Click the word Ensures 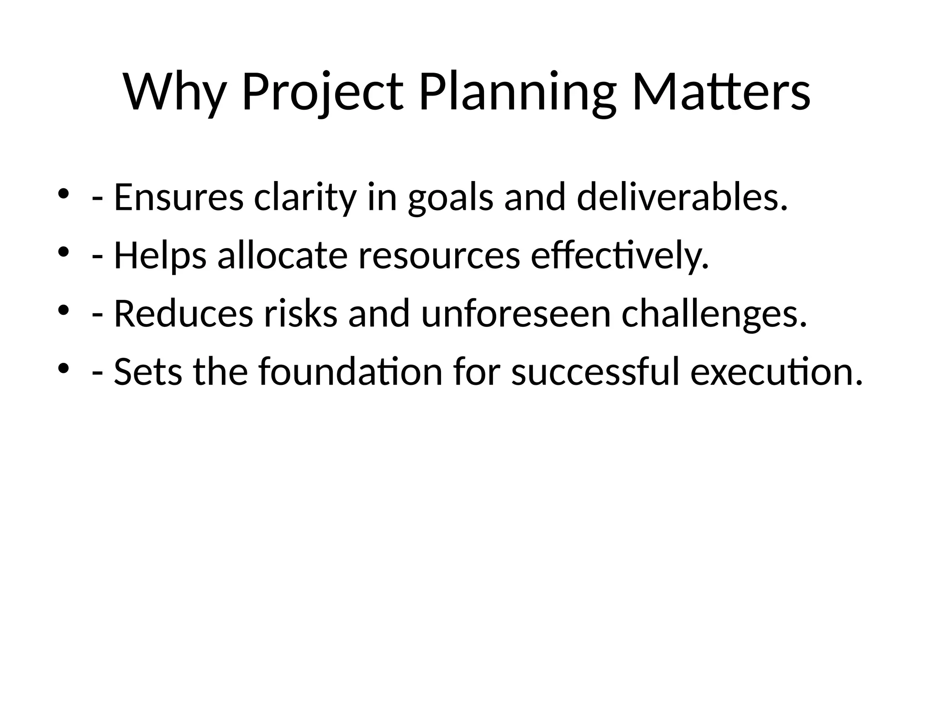point(179,198)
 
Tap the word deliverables point(682,198)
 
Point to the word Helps point(160,256)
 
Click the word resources point(439,256)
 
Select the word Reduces point(183,314)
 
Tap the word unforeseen point(516,314)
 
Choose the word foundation point(350,372)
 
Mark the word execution point(777,372)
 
